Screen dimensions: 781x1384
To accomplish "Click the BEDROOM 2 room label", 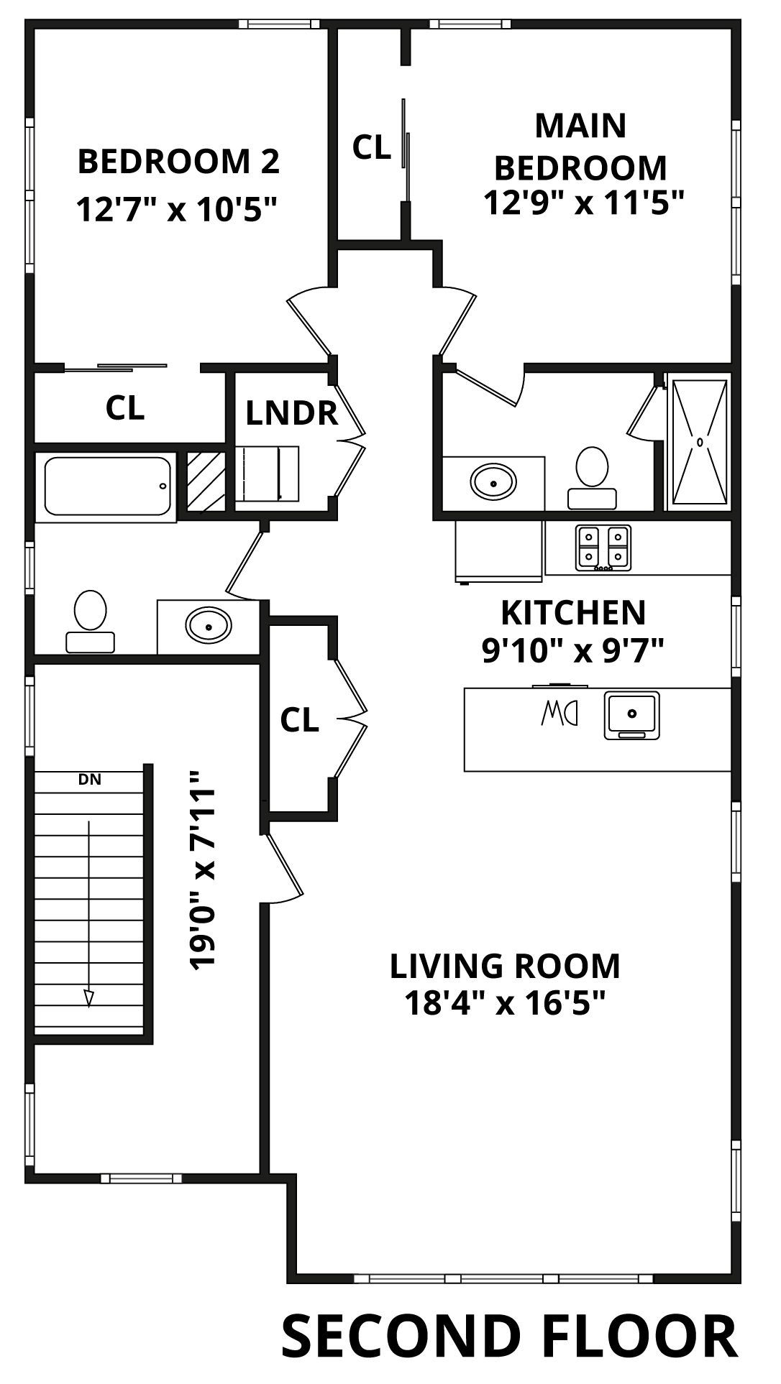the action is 178,162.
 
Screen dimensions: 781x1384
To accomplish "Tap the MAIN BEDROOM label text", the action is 580,147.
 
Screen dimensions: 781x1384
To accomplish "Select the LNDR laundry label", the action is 291,413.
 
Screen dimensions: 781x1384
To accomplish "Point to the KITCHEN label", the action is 573,612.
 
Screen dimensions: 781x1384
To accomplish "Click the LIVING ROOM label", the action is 505,966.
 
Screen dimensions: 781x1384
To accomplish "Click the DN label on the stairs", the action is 89,778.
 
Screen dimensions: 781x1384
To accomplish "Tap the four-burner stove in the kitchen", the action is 603,548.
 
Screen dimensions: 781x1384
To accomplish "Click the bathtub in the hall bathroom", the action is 108,486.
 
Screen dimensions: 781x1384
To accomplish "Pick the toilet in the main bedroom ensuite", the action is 592,478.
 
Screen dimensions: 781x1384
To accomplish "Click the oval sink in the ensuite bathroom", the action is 493,481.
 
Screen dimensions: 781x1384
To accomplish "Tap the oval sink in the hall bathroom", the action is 209,626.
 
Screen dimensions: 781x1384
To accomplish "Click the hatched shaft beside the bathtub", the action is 206,481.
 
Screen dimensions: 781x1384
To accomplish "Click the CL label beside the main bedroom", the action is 372,147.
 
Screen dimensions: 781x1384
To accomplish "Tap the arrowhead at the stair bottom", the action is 88,998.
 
